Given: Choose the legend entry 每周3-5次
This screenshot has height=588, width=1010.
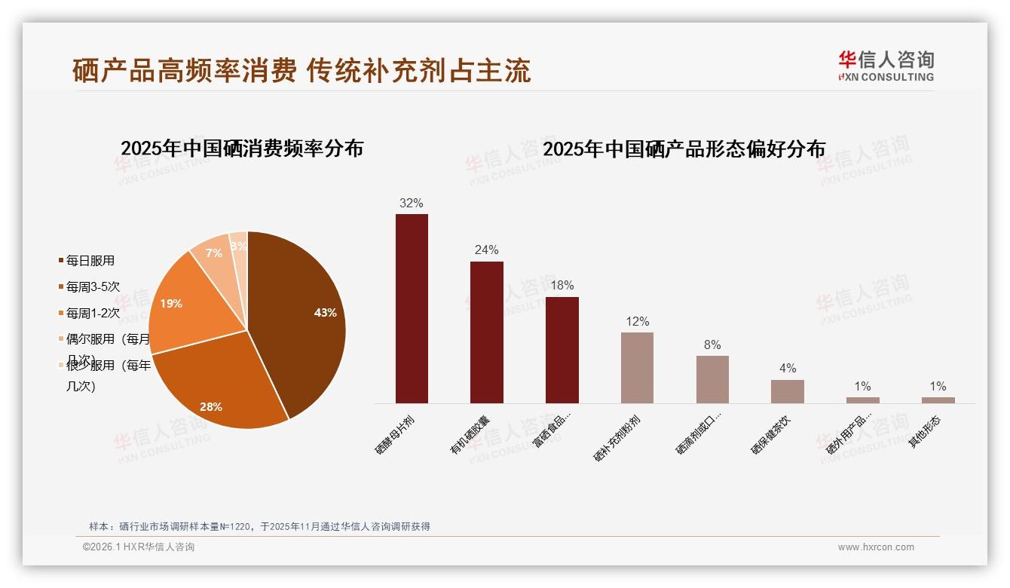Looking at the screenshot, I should (93, 286).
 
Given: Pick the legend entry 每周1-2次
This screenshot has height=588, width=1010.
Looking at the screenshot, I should (93, 313).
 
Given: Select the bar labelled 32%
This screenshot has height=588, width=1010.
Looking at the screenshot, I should (412, 308).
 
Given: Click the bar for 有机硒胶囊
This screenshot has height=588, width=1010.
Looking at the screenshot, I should (487, 332).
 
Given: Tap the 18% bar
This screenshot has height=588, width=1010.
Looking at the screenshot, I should (562, 350).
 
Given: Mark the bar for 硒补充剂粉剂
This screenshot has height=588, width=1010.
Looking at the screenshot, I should (637, 368).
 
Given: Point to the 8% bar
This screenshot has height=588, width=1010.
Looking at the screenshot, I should (712, 379).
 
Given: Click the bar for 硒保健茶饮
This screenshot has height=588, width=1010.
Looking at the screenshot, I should (788, 391).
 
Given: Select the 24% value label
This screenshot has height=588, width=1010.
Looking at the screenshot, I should (486, 250).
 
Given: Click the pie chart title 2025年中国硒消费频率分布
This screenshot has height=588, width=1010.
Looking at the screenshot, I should (242, 149).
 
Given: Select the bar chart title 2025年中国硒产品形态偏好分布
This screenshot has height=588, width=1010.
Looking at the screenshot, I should (684, 149).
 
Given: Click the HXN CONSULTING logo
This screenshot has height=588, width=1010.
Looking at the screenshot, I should (886, 66).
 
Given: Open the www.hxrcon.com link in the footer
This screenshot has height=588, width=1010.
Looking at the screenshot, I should (876, 547).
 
